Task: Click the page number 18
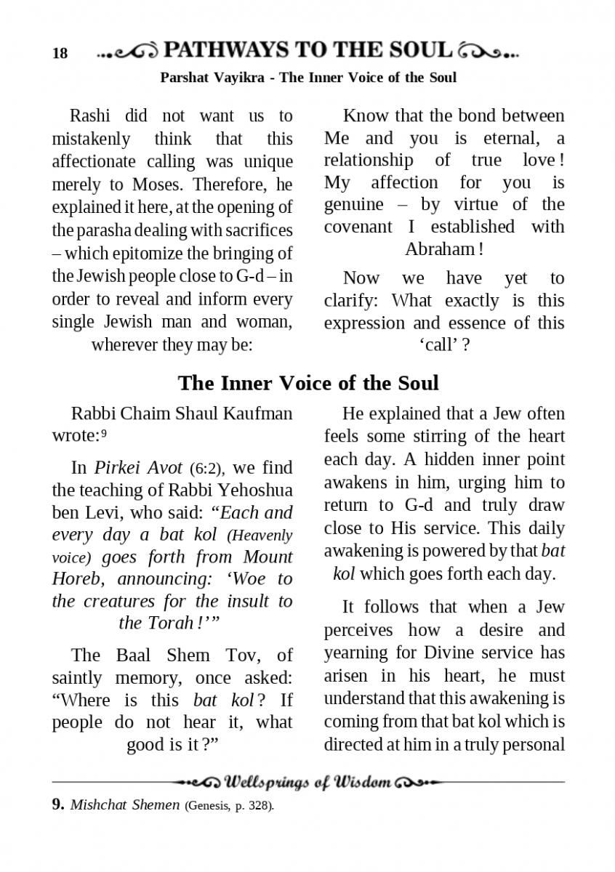click(60, 53)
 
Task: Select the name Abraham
click(438, 249)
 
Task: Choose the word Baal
click(135, 655)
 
